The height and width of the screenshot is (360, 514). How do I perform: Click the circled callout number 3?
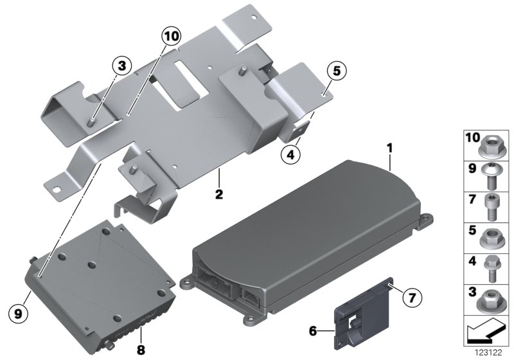point(122,66)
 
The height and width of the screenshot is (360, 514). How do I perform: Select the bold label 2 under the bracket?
point(219,194)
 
